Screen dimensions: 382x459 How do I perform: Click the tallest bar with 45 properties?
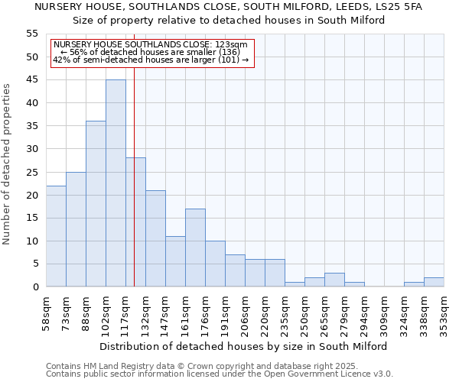116,183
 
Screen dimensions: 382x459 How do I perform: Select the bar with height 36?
96,204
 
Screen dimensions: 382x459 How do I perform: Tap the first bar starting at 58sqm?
56,236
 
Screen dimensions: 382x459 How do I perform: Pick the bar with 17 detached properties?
195,248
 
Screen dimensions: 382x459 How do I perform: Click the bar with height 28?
135,222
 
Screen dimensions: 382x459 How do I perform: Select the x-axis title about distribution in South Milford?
243,346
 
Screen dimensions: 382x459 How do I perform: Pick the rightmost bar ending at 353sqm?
434,282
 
